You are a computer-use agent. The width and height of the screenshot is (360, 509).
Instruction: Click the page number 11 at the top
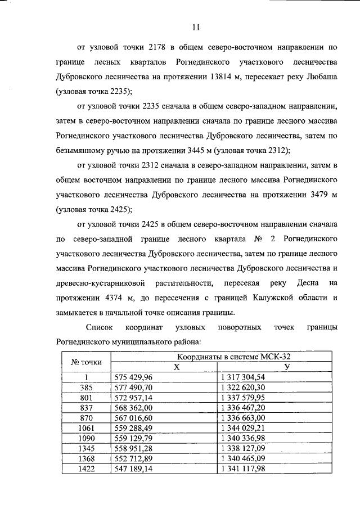pyautogui.click(x=195, y=26)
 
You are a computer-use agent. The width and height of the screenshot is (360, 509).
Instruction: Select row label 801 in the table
pyautogui.click(x=87, y=397)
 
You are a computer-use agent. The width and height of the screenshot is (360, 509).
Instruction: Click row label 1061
pyautogui.click(x=87, y=427)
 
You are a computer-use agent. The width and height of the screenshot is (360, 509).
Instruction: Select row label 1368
pyautogui.click(x=87, y=458)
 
